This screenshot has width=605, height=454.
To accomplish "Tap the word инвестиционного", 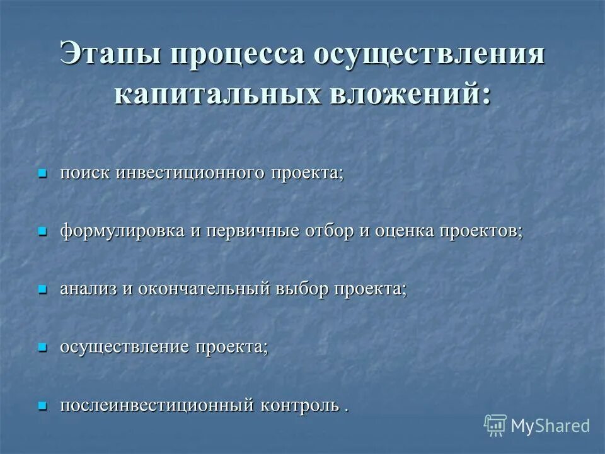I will (190, 173).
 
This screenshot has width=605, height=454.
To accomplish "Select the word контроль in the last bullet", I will (296, 405).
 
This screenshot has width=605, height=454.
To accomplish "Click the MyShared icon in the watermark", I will (495, 426).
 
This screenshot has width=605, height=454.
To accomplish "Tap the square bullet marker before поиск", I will (43, 173).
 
